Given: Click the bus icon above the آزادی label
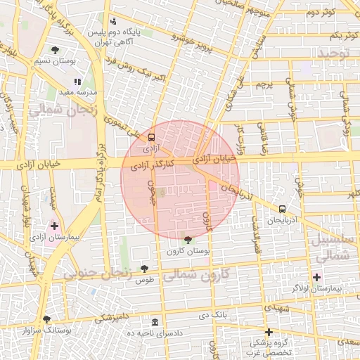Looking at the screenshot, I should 151,138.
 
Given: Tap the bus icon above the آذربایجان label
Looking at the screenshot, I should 282,209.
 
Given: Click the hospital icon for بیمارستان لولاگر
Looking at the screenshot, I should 316,277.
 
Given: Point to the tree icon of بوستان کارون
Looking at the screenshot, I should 186,240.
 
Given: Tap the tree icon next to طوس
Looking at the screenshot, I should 144,268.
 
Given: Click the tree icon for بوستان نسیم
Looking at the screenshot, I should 55,50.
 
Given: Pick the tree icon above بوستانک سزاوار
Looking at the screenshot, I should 46,319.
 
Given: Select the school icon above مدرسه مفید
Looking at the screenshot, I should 77,82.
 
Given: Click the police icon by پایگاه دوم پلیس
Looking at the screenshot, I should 114,21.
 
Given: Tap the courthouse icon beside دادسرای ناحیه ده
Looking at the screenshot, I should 155,321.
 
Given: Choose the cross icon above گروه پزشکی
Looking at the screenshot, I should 268,332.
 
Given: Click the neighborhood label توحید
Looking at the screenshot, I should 333,53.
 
